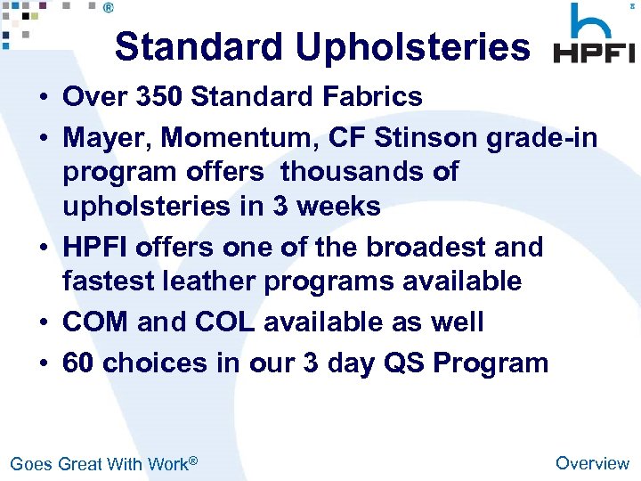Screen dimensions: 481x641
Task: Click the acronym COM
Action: (96, 322)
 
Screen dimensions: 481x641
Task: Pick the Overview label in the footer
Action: (591, 462)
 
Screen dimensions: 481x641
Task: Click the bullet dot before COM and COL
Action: (44, 322)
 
